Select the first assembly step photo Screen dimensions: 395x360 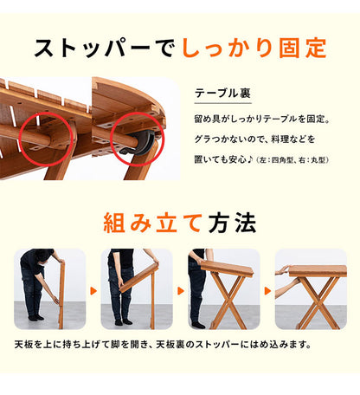[x=49, y=289]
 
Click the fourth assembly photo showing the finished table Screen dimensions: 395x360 [x=310, y=289]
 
